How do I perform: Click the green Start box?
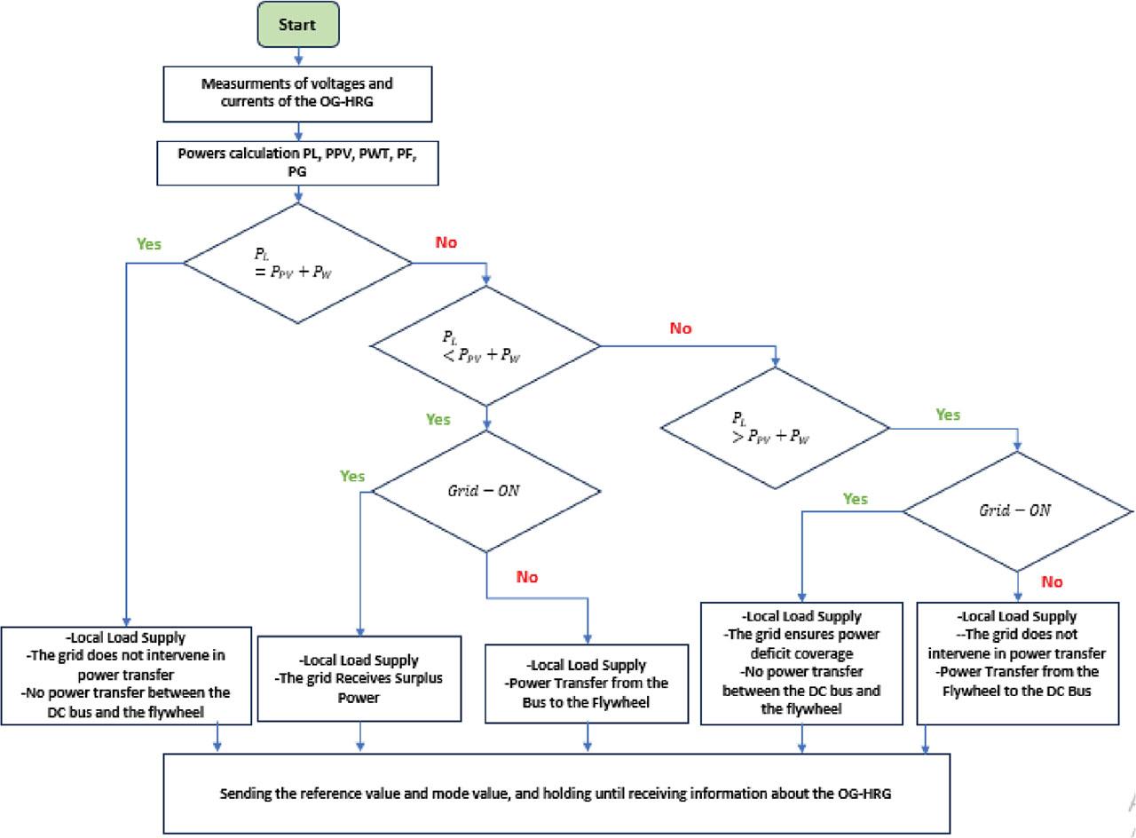coord(296,25)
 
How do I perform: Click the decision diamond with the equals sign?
coord(297,263)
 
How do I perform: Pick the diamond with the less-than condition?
coord(486,345)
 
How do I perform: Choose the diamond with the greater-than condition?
coord(775,427)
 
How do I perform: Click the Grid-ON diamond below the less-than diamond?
coord(486,490)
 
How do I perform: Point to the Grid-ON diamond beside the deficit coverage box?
coord(1017,511)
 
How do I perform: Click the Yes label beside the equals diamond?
coord(149,243)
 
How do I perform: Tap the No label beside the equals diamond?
coord(446,242)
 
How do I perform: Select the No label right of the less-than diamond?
coord(681,328)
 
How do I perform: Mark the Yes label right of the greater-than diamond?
coord(948,415)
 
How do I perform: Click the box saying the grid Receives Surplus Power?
coord(359,679)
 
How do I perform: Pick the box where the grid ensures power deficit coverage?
coord(802,661)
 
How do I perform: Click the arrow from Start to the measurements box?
coord(296,55)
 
